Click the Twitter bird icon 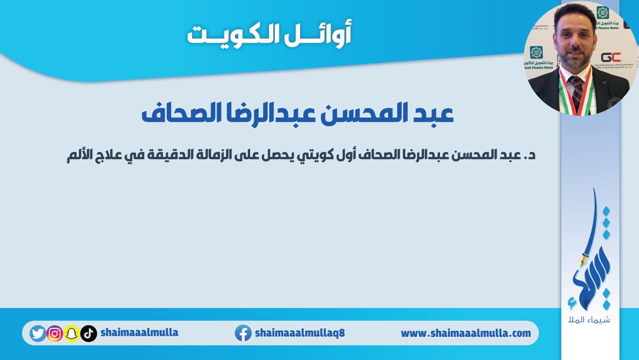coord(38,333)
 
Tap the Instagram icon coord(55,333)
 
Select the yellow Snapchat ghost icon coord(72,333)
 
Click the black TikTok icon coord(89,333)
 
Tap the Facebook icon coord(243,333)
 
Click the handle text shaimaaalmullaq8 coord(300,333)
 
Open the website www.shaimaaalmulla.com coord(466,333)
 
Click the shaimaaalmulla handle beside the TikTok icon coord(140,332)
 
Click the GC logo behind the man coord(611,57)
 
